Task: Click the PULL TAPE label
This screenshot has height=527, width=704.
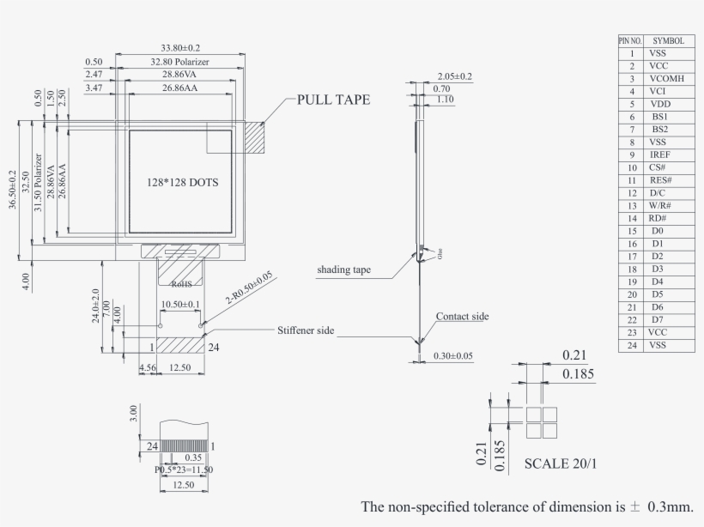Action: pos(333,100)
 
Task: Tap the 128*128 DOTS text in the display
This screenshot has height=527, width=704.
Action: pos(181,183)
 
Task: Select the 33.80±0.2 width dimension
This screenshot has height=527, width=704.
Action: pos(180,48)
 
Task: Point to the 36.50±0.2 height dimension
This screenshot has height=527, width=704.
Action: pos(13,190)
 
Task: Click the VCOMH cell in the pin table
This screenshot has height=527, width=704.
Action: pos(667,78)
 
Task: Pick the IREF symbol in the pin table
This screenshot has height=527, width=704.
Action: pos(660,154)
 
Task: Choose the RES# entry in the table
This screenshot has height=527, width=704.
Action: pos(660,180)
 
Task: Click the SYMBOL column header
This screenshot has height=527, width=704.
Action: pos(668,40)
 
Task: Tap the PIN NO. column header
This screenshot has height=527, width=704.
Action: pos(630,40)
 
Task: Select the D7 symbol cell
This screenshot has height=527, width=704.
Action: pos(658,319)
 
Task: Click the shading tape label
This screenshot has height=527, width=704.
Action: pos(343,270)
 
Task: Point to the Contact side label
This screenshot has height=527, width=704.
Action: pos(462,317)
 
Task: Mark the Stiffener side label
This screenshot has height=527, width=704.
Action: pos(305,330)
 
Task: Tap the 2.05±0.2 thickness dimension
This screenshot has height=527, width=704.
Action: pos(454,76)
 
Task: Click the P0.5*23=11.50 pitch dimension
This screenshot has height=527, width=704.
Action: pos(184,469)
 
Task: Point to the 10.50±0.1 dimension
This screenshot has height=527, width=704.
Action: pos(180,305)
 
